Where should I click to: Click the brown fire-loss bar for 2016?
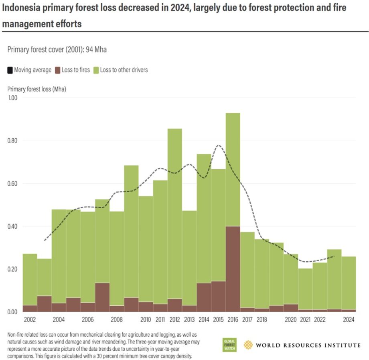[x=233, y=269]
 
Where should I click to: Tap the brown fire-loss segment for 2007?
[x=102, y=297]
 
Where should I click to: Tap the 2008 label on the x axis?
[x=117, y=320]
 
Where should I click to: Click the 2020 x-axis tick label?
[x=290, y=320]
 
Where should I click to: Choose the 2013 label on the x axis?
[x=189, y=320]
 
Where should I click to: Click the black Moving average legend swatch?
[x=10, y=70]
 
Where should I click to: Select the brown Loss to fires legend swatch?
[x=58, y=70]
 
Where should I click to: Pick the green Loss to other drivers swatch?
[x=96, y=70]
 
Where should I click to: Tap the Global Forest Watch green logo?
[x=230, y=345]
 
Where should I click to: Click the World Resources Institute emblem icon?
[x=248, y=345]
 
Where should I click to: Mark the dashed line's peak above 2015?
[x=219, y=145]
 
